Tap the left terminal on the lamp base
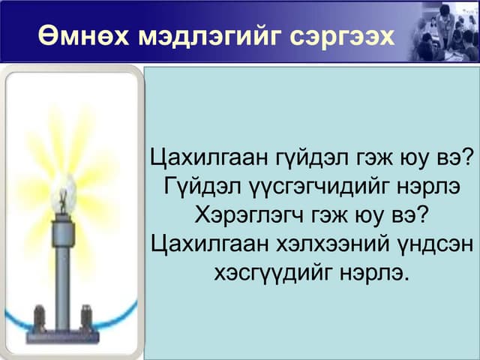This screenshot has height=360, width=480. click(40, 317)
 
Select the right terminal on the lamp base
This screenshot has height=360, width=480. click(86, 317)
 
